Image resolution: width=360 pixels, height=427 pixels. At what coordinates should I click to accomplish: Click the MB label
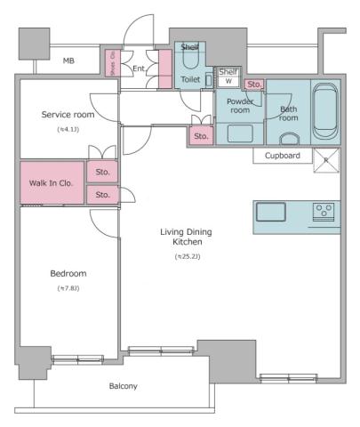[x=68, y=60]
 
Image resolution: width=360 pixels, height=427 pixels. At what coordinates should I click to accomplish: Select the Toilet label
[x=190, y=78]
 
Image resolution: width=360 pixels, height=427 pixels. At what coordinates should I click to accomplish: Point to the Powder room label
[x=239, y=105]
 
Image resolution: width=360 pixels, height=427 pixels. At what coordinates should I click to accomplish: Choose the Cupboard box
[x=282, y=156]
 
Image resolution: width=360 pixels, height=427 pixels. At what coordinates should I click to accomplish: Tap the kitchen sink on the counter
[x=269, y=212]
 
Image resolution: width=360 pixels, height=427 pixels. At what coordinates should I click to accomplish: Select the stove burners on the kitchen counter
[x=323, y=212]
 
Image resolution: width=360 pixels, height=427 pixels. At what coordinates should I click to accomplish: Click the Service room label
[x=67, y=115]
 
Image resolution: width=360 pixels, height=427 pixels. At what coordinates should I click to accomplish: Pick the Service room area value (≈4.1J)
[x=68, y=130]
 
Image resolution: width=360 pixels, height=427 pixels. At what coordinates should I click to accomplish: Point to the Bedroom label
[x=68, y=273]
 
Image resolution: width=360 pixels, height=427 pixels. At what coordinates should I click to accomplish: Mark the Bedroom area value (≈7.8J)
[x=68, y=288]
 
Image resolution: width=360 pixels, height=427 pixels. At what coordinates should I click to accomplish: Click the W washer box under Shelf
[x=228, y=80]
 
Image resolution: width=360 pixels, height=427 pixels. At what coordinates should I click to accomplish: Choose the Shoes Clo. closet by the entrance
[x=113, y=65]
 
